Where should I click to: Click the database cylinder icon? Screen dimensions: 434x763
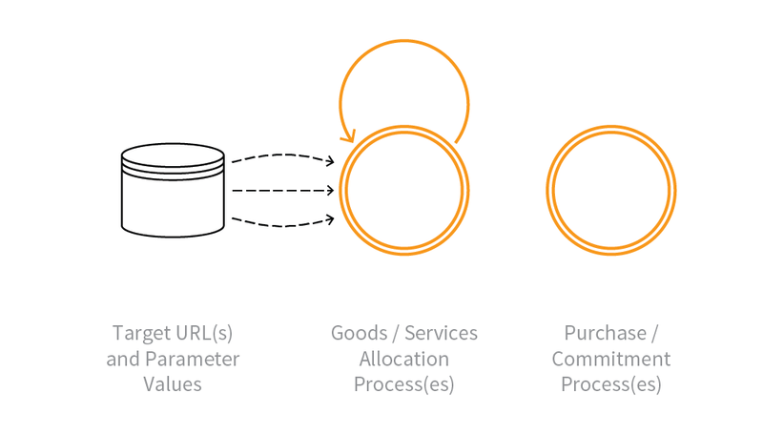point(173,191)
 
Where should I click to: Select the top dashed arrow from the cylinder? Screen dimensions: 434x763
point(281,155)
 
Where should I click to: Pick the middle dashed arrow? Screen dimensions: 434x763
point(281,191)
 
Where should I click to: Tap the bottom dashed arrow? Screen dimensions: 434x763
point(281,224)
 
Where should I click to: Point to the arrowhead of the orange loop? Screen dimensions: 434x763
point(350,134)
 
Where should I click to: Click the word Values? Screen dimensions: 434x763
point(173,384)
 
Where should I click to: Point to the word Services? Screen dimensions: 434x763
point(441,334)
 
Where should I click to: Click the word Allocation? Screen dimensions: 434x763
point(404,360)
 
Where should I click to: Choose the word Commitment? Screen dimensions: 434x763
point(611,360)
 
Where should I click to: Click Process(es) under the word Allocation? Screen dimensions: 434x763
point(404,385)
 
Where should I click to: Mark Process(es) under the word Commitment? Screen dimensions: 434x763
point(611,385)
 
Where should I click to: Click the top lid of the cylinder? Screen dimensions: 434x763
point(173,154)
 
